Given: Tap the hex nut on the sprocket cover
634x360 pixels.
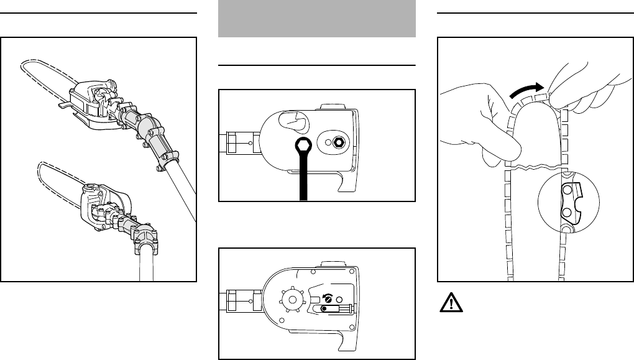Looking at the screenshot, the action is click(x=338, y=142).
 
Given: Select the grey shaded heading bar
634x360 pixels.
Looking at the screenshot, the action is click(x=317, y=19).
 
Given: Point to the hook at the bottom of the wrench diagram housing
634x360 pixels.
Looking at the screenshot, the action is click(x=341, y=183).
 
